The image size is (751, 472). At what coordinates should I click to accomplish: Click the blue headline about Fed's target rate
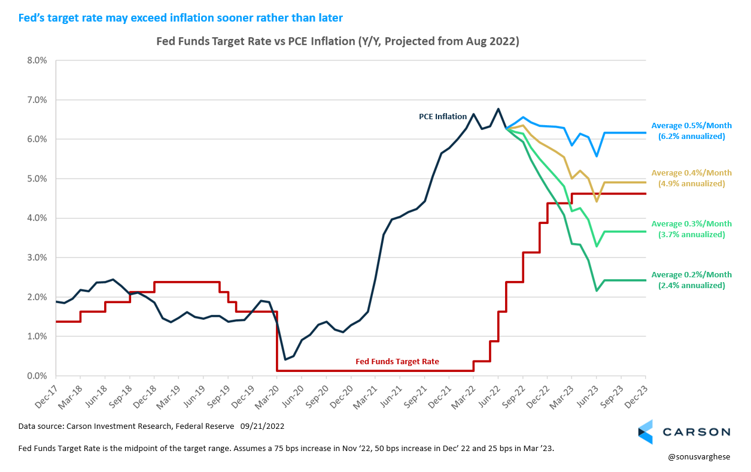tap(176, 18)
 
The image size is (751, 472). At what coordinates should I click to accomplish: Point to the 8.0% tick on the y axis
tap(37, 60)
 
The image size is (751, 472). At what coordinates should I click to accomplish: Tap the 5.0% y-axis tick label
tap(37, 179)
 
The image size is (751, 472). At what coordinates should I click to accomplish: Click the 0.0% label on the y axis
tap(37, 376)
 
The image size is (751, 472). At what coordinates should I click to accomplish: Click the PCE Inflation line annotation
tap(442, 117)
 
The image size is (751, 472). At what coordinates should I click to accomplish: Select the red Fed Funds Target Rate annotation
tap(397, 362)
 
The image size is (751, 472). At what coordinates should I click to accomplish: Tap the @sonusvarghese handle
tap(700, 457)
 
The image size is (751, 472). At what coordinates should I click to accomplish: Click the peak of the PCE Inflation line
tap(498, 109)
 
